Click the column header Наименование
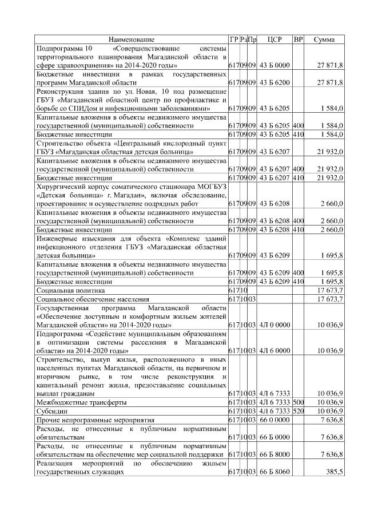tap(132, 39)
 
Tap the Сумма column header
tap(328, 39)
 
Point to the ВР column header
tap(298, 39)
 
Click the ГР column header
tap(233, 39)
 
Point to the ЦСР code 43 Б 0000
tap(275, 66)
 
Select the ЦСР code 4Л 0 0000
tap(275, 325)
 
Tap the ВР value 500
tap(298, 402)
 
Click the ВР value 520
tap(298, 411)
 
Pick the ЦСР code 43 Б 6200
tap(275, 82)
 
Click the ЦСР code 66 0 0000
tap(275, 420)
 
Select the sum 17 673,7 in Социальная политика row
tap(329, 290)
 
